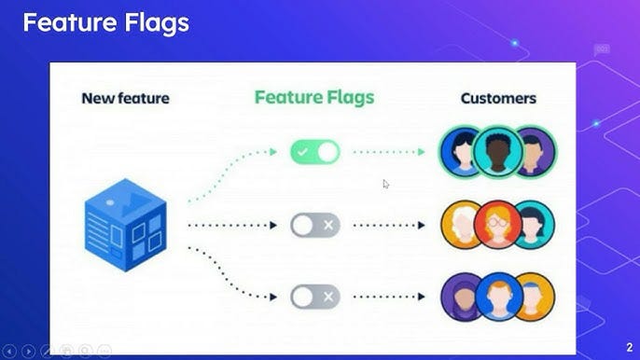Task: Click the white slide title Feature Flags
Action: click(105, 23)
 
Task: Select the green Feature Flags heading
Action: click(314, 96)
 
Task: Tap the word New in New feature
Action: click(98, 97)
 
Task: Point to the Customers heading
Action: click(498, 97)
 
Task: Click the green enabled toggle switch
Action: click(314, 152)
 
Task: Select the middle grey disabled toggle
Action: click(314, 225)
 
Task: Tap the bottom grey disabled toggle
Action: click(314, 297)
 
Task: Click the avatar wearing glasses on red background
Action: click(497, 224)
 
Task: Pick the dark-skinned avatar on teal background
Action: click(497, 150)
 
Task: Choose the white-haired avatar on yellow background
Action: click(461, 224)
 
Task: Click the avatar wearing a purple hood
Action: click(461, 296)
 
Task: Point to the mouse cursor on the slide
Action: click(386, 184)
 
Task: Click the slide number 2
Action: click(629, 347)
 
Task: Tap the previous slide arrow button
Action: click(11, 351)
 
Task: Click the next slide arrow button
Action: click(29, 351)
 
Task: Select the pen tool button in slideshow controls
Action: click(48, 351)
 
